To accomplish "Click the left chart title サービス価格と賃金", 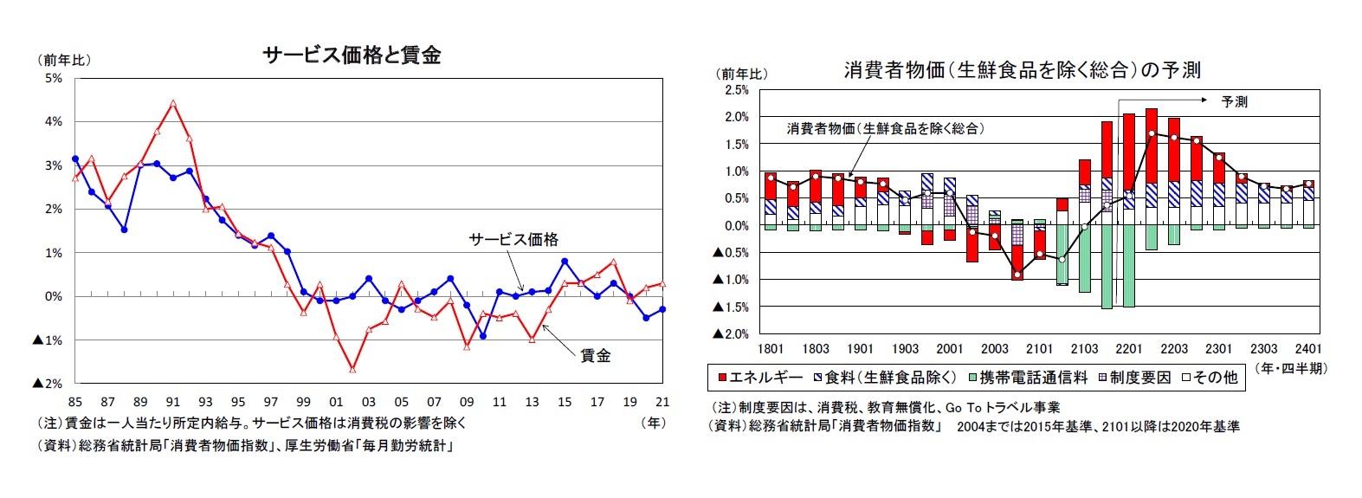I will (352, 55).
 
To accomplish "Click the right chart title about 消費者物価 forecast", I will (1022, 70).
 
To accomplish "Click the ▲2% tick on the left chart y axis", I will (48, 384).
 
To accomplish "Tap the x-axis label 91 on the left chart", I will (173, 402).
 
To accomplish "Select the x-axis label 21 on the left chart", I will (662, 402).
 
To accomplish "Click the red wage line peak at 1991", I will (173, 103).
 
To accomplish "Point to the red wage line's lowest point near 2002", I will (352, 369).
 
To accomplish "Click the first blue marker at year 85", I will (75, 159).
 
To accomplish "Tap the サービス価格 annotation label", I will (513, 240).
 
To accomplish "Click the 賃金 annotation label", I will (595, 355).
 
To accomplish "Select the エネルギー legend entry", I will (759, 378).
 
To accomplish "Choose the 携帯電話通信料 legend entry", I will (1027, 378).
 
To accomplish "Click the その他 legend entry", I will (1214, 378).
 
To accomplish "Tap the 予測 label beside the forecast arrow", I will (1234, 102).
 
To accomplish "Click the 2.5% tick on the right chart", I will (736, 90).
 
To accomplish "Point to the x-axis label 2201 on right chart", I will (1129, 349).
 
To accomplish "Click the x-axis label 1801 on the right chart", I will (771, 349).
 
